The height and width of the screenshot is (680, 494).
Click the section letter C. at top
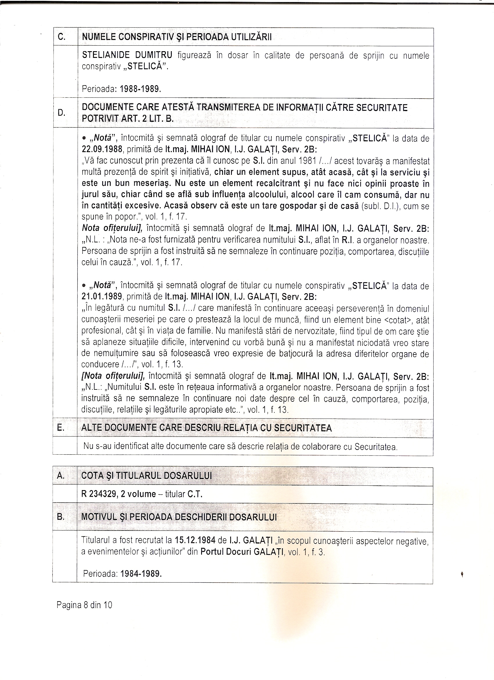tap(61, 37)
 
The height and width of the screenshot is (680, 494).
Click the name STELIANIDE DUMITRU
tap(127, 55)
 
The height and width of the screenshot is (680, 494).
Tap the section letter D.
tap(61, 113)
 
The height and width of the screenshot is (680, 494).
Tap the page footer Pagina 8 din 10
tap(84, 605)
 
